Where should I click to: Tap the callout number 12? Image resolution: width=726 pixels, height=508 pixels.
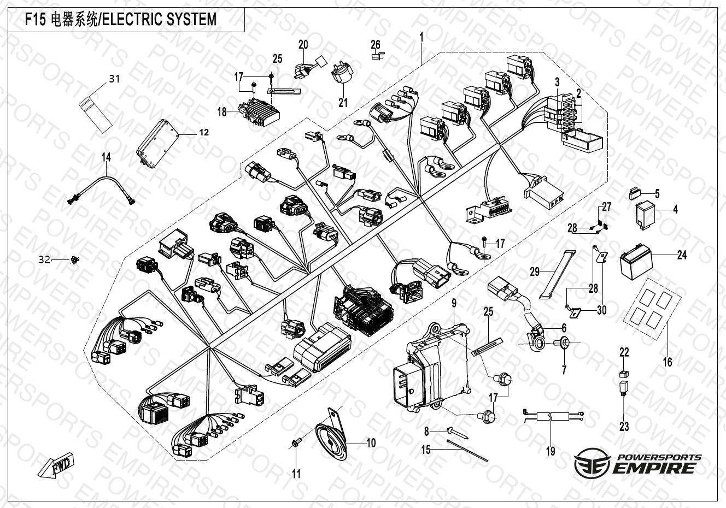tap(188, 132)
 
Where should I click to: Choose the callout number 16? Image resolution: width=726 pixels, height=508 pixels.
tap(668, 362)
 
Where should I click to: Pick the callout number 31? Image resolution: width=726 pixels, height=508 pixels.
tap(114, 79)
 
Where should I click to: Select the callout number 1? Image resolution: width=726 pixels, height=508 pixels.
tap(421, 37)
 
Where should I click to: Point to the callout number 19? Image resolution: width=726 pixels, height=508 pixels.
tap(551, 451)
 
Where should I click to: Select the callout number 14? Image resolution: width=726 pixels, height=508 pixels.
tap(106, 157)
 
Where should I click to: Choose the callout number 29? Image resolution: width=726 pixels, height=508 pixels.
tap(535, 271)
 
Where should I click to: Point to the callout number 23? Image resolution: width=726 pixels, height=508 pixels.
tap(624, 427)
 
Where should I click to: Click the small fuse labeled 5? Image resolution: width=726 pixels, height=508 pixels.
tap(636, 193)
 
